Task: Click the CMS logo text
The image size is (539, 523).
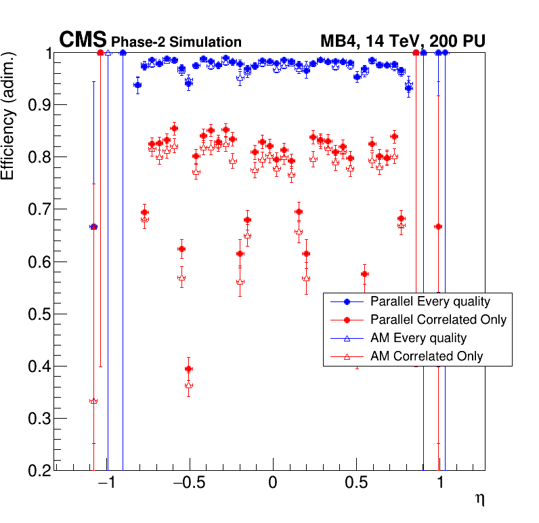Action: point(83,41)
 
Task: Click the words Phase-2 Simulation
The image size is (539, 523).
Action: point(176,43)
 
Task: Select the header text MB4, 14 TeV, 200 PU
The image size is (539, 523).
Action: point(402,42)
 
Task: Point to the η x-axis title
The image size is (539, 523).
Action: point(479,500)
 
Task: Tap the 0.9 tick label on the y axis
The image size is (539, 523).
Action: point(39,105)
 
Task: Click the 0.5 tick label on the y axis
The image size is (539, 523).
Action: point(39,314)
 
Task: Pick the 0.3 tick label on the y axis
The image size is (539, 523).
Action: point(39,419)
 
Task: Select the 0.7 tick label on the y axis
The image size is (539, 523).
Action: point(39,210)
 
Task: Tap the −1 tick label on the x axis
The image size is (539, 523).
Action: point(104,484)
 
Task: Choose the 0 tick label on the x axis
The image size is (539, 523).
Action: point(273,484)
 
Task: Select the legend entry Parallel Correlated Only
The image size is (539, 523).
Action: point(438,320)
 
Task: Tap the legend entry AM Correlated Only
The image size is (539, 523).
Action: point(427,356)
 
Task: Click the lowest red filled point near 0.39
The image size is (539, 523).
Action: point(189,369)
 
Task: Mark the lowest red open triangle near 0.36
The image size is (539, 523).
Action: point(189,385)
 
